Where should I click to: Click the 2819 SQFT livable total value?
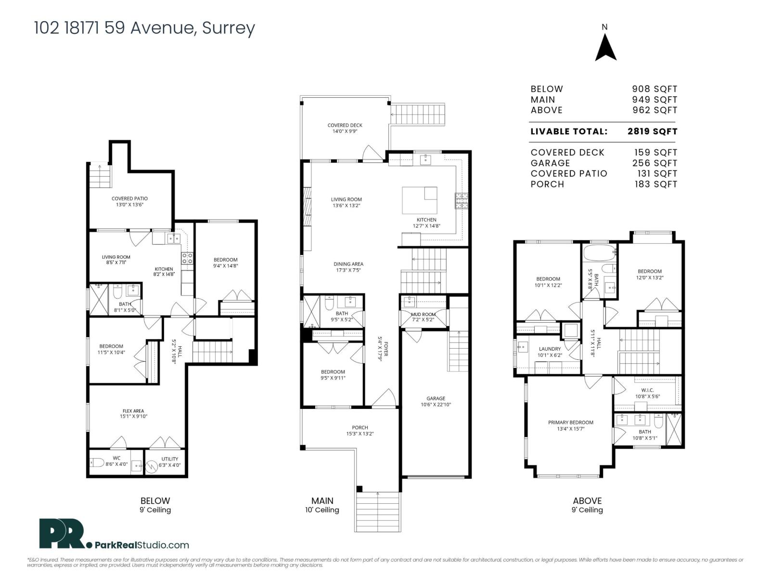(x=652, y=131)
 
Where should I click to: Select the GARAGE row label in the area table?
(x=550, y=163)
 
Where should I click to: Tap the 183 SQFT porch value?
(x=655, y=184)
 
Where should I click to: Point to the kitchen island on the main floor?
(x=419, y=200)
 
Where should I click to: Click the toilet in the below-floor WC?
(x=97, y=462)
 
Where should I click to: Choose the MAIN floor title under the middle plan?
(x=322, y=500)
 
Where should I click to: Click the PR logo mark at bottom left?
(x=62, y=534)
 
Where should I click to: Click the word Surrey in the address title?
(x=228, y=28)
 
